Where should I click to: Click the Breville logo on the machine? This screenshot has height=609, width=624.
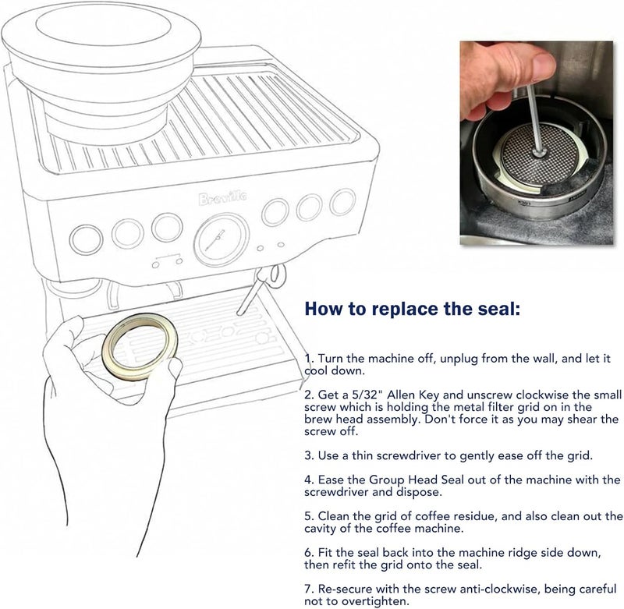(x=222, y=197)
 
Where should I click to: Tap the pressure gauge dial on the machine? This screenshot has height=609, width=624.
(x=222, y=240)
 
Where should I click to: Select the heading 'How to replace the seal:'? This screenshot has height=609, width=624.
(x=413, y=309)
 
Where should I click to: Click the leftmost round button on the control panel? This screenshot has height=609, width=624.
(x=86, y=240)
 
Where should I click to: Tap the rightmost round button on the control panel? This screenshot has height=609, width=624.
(x=342, y=202)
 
